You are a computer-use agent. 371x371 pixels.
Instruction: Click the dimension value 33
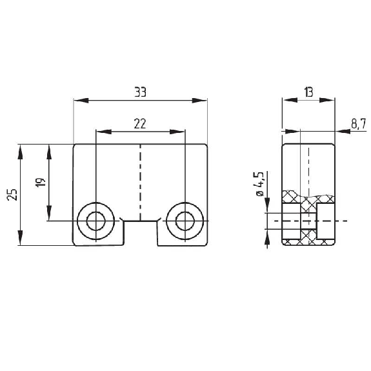(140, 92)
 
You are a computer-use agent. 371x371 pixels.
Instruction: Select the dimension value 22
(140, 124)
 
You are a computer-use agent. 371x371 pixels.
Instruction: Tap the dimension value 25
(12, 195)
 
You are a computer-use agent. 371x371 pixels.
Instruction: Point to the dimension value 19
(40, 183)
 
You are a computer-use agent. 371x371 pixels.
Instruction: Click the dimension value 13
(309, 92)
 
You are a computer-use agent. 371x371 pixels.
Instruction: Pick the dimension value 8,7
(359, 124)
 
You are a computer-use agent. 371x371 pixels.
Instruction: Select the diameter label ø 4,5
(259, 184)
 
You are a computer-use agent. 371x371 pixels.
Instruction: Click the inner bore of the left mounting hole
(96, 221)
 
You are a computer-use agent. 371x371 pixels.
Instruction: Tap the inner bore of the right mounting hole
(185, 221)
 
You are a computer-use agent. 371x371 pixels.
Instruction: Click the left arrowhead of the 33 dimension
(81, 100)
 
